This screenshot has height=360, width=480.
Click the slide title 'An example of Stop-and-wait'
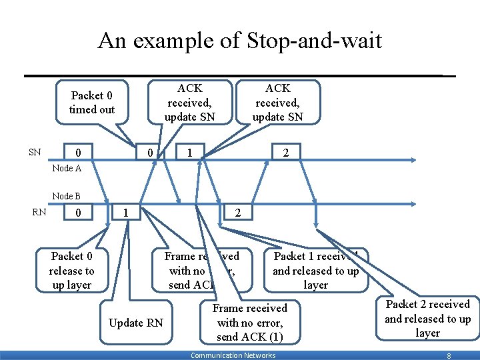tap(239, 41)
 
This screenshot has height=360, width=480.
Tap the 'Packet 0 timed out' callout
tap(92, 103)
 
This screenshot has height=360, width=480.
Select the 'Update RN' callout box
tap(135, 323)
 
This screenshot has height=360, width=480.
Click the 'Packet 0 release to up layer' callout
tap(71, 270)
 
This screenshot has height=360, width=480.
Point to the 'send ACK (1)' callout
tap(249, 323)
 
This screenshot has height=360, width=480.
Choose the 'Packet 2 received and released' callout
tap(427, 318)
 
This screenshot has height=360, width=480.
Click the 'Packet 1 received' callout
tap(315, 270)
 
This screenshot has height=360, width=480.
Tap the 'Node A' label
tap(66, 168)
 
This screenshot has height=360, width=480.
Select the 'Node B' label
tap(66, 196)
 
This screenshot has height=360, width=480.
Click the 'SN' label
tap(35, 152)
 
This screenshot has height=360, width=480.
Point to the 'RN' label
tap(39, 213)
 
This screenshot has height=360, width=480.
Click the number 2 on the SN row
tap(285, 153)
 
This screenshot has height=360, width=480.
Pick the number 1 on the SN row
tap(191, 153)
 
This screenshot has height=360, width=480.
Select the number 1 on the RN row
tap(126, 213)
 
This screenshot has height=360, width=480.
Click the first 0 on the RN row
tap(79, 214)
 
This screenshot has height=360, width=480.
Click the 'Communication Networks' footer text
tap(233, 355)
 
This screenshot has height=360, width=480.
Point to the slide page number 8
tap(449, 356)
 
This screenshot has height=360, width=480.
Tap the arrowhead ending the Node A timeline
tap(415, 160)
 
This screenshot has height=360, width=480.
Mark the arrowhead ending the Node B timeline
tap(415, 205)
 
